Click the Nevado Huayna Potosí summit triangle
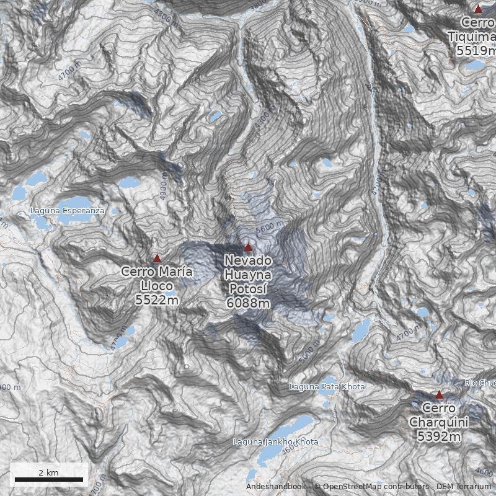pos(249,247)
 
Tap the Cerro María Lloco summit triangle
pos(157,259)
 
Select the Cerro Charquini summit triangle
pos(439,395)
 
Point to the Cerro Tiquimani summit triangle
pos(478,9)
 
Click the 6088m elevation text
pos(248,303)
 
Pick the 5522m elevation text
pos(157,300)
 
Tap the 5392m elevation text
pos(439,436)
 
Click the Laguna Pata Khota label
pos(327,387)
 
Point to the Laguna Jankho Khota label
pos(276,442)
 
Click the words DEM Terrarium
pos(463,487)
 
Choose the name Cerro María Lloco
pos(157,278)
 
